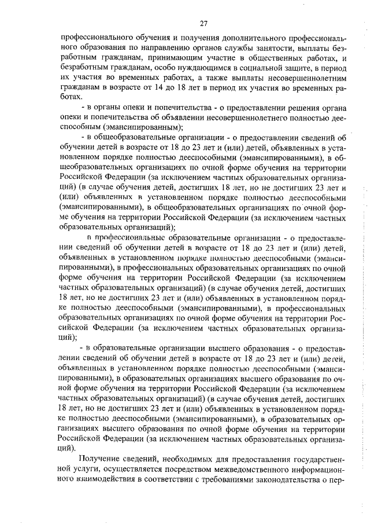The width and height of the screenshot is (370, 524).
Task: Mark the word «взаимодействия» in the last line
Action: (x=100, y=480)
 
